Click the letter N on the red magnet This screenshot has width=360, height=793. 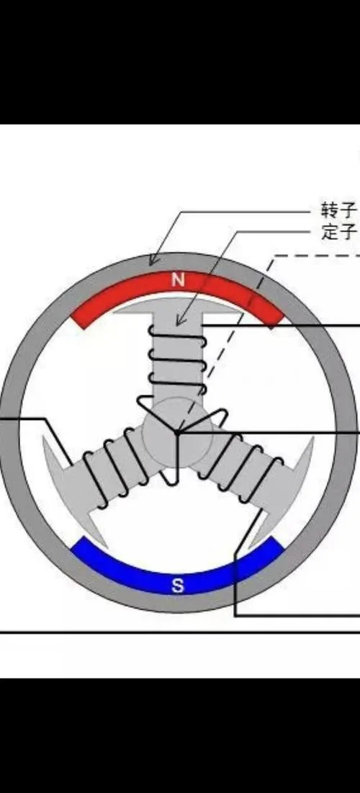click(177, 281)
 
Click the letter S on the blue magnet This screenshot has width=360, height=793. click(177, 586)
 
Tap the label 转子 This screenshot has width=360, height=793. click(339, 210)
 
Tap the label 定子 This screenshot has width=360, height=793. click(339, 232)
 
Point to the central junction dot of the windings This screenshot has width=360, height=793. click(177, 432)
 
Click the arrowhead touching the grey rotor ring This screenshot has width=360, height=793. click(153, 259)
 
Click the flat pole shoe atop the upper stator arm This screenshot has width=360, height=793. click(177, 305)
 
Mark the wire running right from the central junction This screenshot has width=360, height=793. click(269, 432)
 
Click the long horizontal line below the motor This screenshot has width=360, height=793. click(180, 632)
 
